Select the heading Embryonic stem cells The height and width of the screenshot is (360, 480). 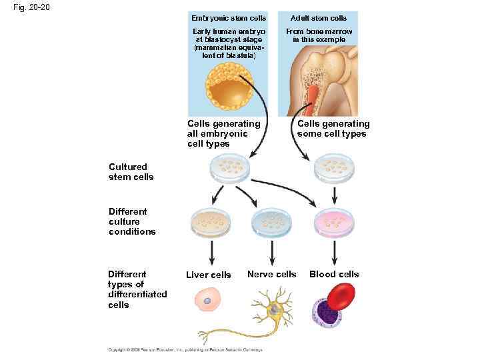coord(228,18)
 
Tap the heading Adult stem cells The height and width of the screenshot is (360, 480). coord(318,18)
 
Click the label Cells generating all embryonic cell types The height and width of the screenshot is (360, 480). coord(223,134)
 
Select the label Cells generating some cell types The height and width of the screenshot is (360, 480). coord(333,129)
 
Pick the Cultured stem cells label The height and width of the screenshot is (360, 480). coord(131,172)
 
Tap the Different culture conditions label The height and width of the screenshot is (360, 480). coord(132,221)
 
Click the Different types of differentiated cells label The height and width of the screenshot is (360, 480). coord(137,289)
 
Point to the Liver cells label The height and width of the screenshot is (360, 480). coord(208,275)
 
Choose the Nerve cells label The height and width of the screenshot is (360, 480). coord(271,274)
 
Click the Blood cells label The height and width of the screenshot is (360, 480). coord(333,274)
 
